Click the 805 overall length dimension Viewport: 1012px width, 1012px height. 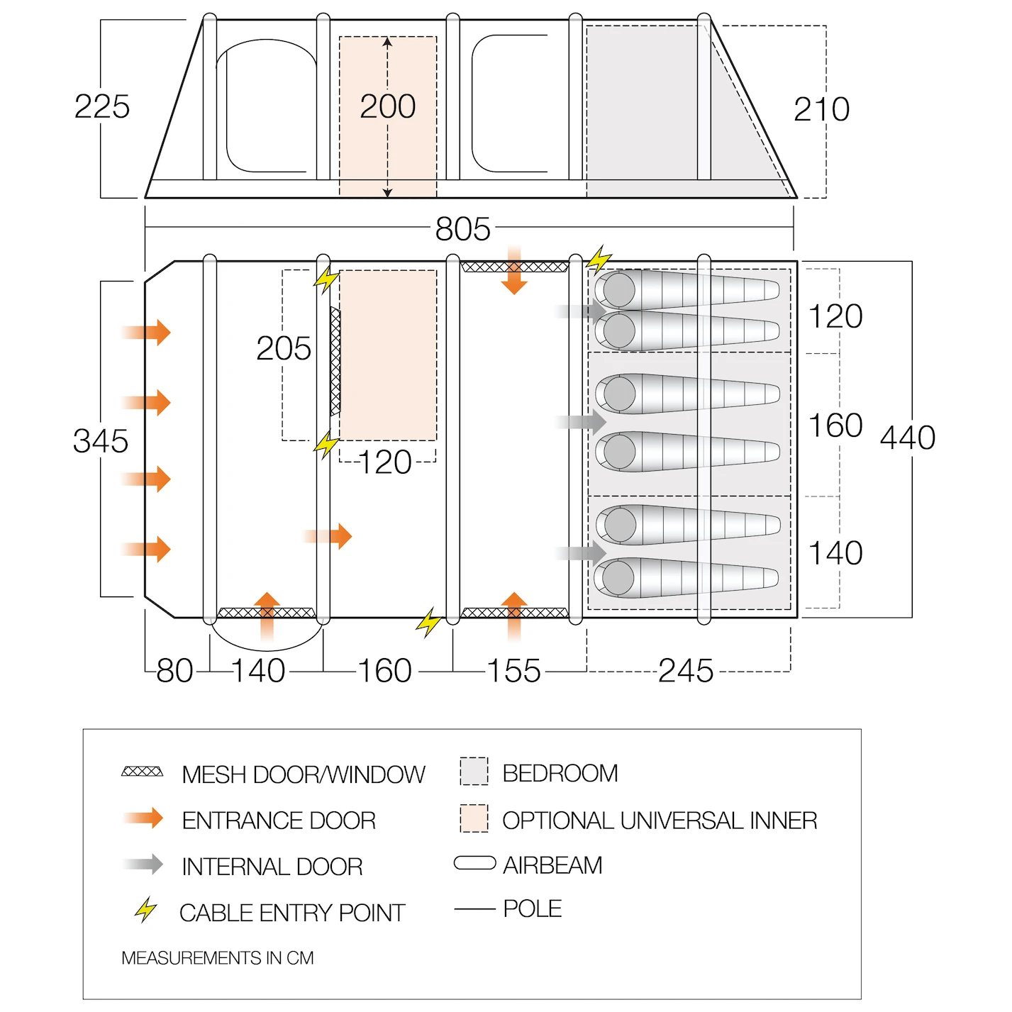coord(462,229)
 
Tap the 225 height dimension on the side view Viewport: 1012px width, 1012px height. coord(102,106)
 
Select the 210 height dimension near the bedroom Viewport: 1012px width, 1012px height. coord(821,109)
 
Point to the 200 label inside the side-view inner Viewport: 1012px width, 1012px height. coord(388,106)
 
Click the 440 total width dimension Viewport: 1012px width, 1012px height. coord(908,438)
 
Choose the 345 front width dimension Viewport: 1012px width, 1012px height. coord(101,440)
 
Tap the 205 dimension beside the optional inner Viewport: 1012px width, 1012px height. coord(284,348)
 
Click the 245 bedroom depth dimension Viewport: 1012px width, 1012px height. coord(685,671)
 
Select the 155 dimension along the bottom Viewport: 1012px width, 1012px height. coord(513,671)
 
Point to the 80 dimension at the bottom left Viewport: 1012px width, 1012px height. coord(175,671)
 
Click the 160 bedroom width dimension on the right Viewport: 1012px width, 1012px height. coord(835,425)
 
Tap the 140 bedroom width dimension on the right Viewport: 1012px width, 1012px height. coord(835,553)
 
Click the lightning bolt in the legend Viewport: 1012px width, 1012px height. coord(145,910)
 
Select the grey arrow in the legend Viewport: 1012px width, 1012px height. coord(143,864)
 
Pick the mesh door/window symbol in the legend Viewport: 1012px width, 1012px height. coord(143,772)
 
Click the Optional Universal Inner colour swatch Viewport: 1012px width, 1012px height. coord(474,818)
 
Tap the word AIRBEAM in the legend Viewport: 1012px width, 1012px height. coord(552,865)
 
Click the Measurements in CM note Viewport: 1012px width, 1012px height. coord(218,958)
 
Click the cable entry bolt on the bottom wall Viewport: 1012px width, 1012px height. coord(428,623)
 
